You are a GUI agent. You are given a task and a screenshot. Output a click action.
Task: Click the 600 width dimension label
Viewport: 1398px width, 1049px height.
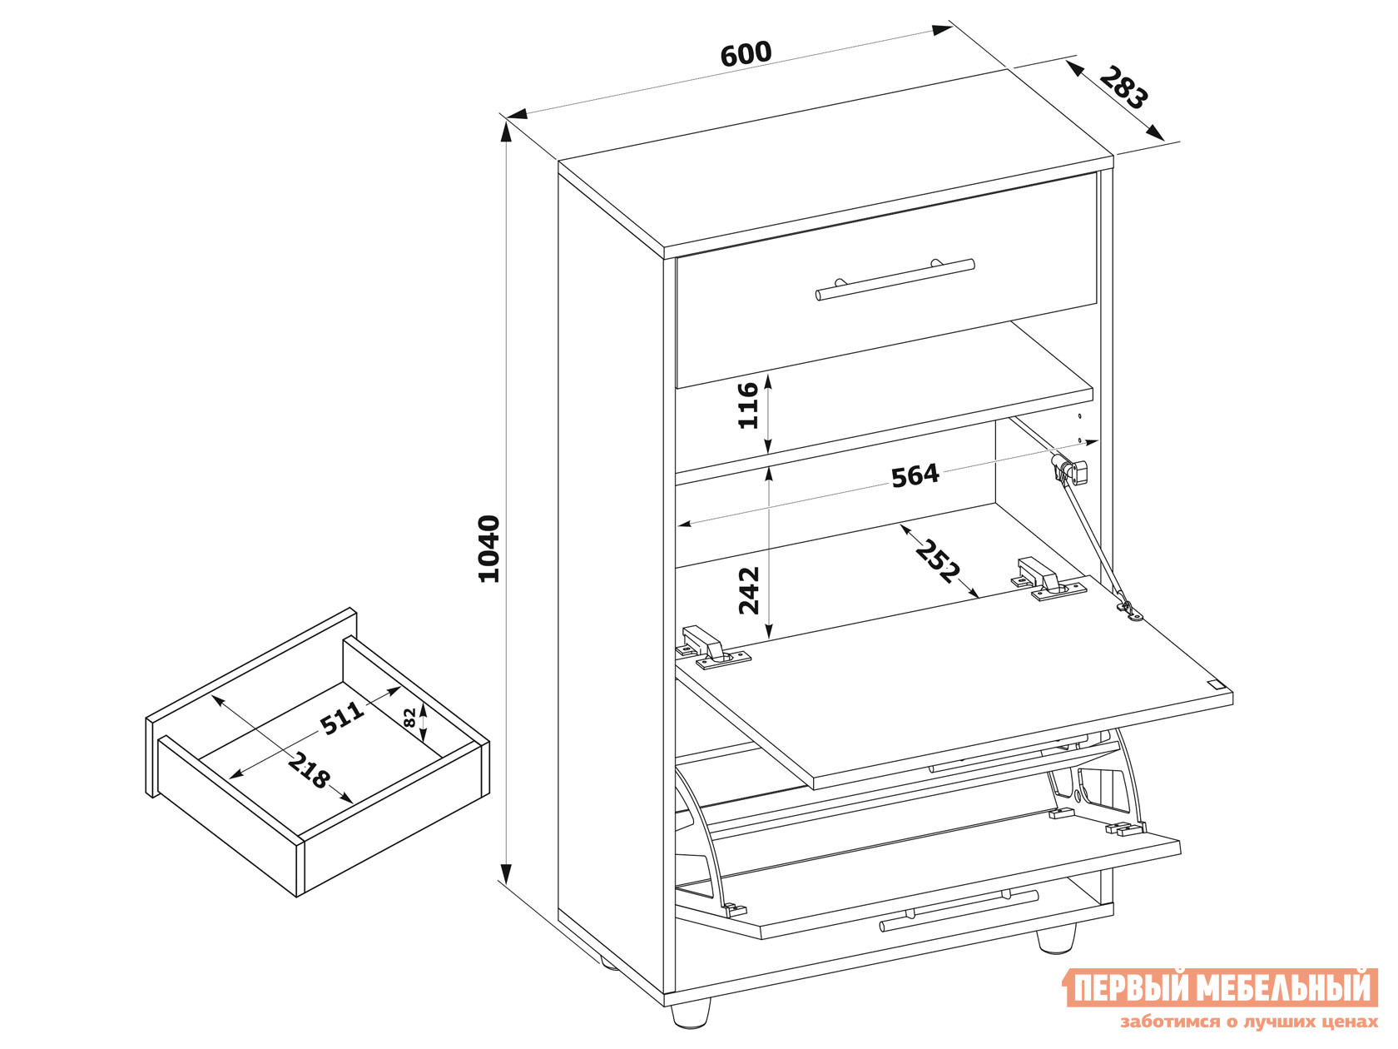[746, 54]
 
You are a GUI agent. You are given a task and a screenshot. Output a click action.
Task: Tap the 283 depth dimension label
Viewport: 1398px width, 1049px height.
[1124, 87]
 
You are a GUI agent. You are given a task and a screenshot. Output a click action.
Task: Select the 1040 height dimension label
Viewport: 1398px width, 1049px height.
[488, 549]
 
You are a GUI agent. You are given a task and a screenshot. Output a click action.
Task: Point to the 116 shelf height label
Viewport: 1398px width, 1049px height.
[749, 405]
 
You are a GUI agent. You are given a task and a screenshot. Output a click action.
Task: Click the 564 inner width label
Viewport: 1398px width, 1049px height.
[915, 476]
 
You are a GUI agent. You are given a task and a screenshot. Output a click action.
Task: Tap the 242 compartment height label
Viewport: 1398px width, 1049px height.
[749, 590]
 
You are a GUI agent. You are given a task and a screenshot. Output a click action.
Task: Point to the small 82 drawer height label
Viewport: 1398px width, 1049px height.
[410, 718]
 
